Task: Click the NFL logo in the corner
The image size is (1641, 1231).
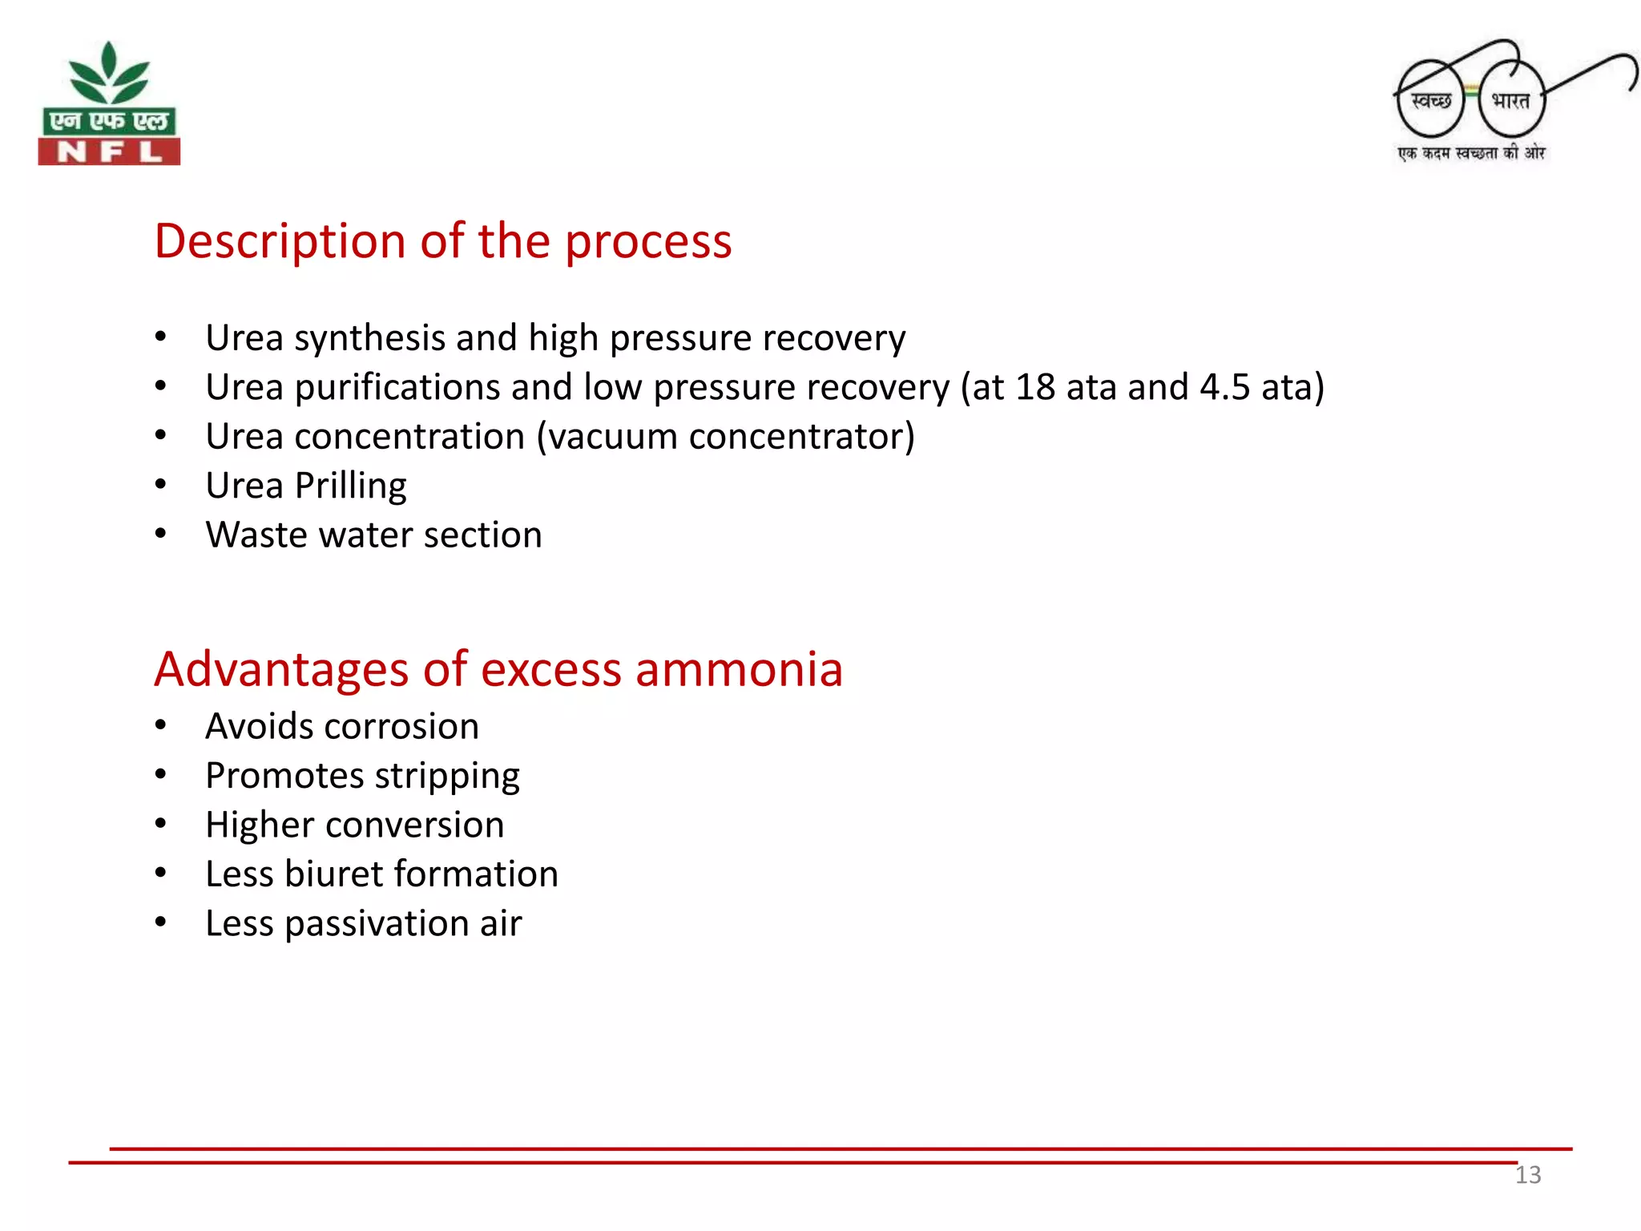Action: pos(109,104)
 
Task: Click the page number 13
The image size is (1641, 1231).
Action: pos(1527,1175)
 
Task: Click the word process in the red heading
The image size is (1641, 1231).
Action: pos(648,241)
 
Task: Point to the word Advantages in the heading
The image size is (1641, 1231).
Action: pos(281,669)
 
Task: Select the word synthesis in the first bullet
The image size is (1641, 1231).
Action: pos(369,338)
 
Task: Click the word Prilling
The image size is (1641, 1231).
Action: pos(350,486)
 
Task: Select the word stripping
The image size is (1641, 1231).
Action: pos(447,777)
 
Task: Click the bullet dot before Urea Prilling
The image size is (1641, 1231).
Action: pos(161,485)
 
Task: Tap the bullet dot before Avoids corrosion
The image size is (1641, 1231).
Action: pos(161,726)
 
